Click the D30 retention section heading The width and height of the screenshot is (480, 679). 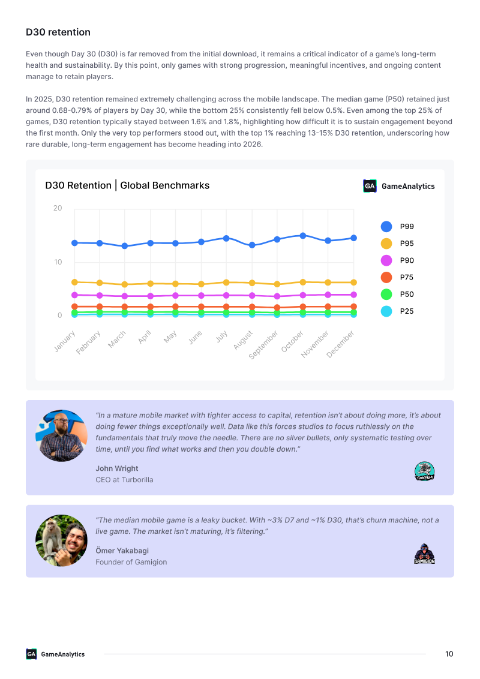pos(58,32)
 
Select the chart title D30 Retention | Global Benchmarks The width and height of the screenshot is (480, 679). pos(127,185)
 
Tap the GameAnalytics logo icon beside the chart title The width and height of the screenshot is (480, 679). pos(370,186)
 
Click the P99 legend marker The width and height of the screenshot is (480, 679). pos(386,227)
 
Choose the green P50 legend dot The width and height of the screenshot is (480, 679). pos(386,295)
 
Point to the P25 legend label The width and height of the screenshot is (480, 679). pos(407,311)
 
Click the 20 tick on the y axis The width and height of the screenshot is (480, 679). pos(58,208)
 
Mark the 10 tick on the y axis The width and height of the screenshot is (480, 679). pos(58,262)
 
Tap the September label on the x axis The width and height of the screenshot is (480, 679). pos(263,345)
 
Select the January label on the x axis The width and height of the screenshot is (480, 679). pos(65,341)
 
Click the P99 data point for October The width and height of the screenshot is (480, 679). pos(303,236)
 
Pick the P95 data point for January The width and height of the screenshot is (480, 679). pos(74,282)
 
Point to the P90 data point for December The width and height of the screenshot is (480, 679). pos(353,295)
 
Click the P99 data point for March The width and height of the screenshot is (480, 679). pos(125,245)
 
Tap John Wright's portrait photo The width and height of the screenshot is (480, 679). pos(61,435)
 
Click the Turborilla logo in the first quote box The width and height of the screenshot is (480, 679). pos(425,471)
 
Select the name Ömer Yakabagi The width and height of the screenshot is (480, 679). pos(122,551)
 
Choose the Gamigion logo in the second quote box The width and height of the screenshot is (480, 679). pos(425,554)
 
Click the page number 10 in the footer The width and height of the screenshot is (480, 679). pos(449,654)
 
